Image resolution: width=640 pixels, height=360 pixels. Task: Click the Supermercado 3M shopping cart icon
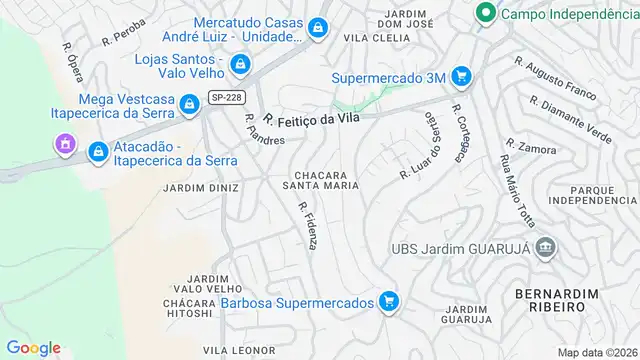pos(460,76)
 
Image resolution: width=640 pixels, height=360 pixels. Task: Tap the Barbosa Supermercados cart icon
pos(389,301)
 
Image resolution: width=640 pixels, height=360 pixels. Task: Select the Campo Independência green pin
pos(485,14)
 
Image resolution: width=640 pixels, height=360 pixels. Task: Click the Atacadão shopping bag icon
pos(98,152)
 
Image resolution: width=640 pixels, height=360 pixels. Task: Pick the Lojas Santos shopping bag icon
pos(239,66)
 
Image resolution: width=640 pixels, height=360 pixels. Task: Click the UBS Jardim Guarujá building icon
pos(546,247)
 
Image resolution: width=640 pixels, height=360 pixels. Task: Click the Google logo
pos(33,347)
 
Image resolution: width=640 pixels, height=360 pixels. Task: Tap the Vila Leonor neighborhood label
pos(238,350)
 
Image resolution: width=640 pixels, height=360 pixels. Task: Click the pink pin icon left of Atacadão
pos(64,146)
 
